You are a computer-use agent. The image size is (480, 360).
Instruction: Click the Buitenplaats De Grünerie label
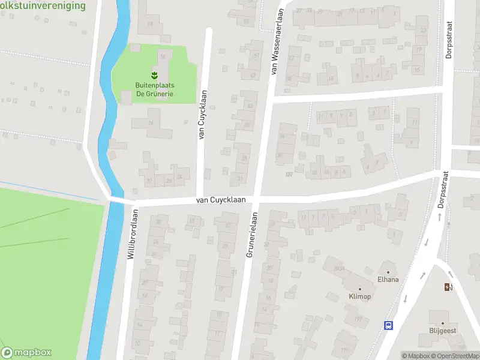click(x=155, y=89)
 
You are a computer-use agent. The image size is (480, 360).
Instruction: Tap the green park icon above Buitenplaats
click(x=155, y=76)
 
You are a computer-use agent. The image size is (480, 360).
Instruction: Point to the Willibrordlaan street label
click(x=133, y=234)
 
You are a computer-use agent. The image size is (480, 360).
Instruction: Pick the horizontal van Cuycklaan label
click(x=219, y=201)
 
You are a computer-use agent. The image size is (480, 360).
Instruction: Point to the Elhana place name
click(x=388, y=279)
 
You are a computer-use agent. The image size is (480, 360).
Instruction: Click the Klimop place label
click(x=360, y=296)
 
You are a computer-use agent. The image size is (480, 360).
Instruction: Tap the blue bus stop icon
click(x=388, y=325)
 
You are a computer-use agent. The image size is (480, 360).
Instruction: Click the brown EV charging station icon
click(x=448, y=287)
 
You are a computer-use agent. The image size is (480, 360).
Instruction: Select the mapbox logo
click(x=26, y=353)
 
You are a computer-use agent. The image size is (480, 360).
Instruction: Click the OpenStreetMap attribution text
click(x=454, y=356)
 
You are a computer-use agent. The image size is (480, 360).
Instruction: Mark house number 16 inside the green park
click(x=163, y=56)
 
